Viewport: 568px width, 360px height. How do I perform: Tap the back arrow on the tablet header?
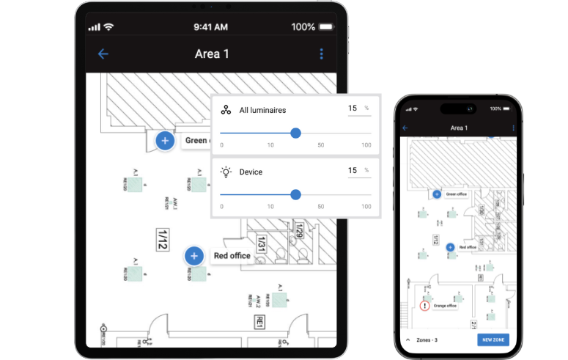tap(103, 54)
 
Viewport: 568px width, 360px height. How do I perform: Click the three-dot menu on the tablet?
tap(321, 54)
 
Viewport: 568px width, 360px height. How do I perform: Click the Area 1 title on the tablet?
tap(212, 54)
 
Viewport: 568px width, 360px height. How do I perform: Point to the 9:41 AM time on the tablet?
tap(212, 27)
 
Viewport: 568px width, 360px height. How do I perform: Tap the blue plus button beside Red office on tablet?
tap(193, 256)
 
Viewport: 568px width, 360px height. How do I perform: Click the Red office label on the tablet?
tap(232, 256)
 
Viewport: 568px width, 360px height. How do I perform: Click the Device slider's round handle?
tap(295, 194)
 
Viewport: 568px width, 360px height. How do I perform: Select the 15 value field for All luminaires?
tap(353, 109)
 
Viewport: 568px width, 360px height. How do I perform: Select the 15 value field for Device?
tap(353, 170)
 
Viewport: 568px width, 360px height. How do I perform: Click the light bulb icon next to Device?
tap(226, 172)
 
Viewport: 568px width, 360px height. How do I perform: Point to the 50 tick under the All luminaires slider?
tap(320, 145)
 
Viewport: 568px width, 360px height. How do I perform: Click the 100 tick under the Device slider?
tap(366, 207)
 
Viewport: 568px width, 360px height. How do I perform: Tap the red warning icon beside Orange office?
tap(424, 305)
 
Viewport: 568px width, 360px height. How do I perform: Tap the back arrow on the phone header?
tap(405, 128)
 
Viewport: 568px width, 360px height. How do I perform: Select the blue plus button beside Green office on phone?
tap(437, 194)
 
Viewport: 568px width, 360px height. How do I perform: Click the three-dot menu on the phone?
tap(514, 128)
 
